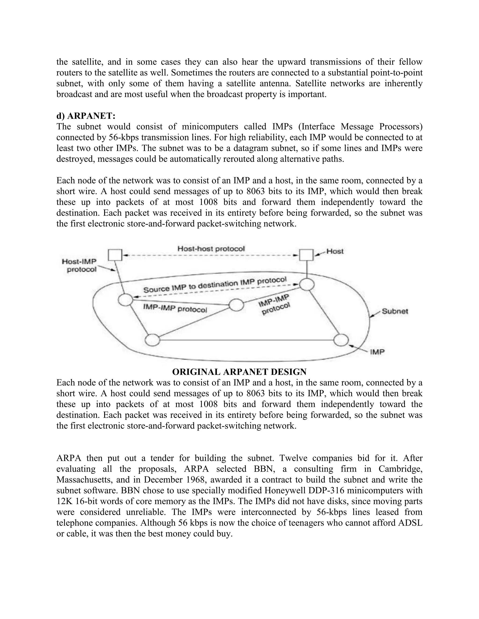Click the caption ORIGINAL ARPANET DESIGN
[239, 372]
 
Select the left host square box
[115, 255]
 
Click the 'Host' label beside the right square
[335, 251]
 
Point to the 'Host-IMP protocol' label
[80, 266]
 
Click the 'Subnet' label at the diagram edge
[395, 311]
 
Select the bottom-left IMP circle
[152, 340]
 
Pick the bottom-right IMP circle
[341, 340]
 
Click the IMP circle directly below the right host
[307, 284]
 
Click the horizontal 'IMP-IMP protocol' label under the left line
[175, 308]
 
